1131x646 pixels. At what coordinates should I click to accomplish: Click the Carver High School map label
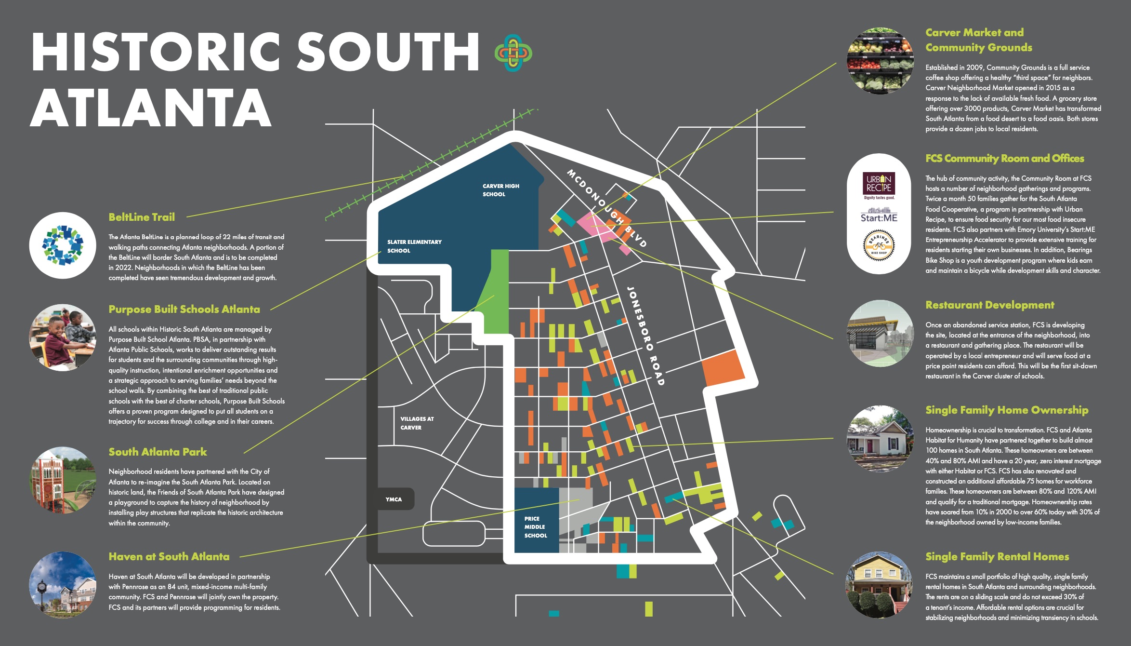point(500,190)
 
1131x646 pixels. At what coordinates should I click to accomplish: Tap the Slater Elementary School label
point(414,246)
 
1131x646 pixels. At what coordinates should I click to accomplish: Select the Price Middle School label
point(535,527)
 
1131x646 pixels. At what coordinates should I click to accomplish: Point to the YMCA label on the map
point(394,499)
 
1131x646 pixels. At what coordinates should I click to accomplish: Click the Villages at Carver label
point(417,423)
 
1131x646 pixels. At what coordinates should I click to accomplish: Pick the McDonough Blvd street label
point(606,208)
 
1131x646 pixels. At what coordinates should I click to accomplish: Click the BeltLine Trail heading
point(142,217)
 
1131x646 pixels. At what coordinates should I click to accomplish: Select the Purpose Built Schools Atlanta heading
point(184,309)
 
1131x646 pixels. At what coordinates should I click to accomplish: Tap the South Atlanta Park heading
point(158,452)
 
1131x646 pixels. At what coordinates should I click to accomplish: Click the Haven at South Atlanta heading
point(169,556)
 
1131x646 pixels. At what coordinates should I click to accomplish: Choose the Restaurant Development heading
point(989,305)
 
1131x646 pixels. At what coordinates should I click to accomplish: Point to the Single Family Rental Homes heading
point(997,556)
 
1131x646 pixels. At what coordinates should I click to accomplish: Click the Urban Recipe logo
point(879,185)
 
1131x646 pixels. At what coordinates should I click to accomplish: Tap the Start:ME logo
point(879,215)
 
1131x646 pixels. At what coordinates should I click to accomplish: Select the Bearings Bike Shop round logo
point(879,245)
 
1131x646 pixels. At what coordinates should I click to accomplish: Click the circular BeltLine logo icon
point(63,245)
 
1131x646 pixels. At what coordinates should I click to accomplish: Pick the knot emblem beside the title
point(513,53)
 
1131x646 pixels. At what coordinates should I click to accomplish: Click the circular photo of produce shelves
point(880,61)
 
